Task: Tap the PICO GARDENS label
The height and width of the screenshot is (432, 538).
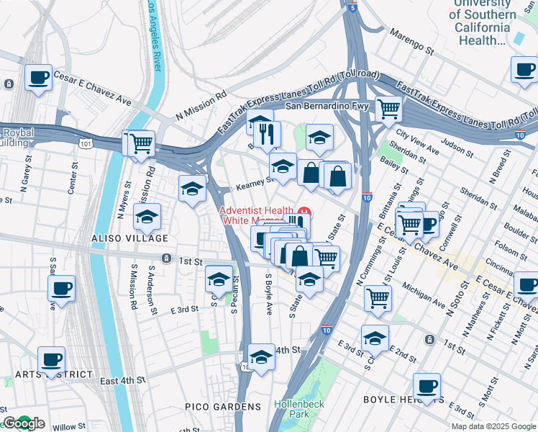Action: coord(232,407)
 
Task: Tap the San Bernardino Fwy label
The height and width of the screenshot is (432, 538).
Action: coord(327,107)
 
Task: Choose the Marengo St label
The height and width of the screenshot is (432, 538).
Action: coord(411,42)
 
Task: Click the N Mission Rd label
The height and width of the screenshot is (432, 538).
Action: coord(201,105)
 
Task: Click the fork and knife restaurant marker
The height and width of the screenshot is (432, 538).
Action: coord(266,133)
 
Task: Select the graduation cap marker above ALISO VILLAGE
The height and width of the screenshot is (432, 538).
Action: coord(147,216)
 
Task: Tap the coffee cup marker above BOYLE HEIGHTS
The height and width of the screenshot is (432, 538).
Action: coord(427,386)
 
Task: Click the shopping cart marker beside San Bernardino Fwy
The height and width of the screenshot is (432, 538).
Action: coord(388,109)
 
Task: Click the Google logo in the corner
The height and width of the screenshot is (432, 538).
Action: coord(24,424)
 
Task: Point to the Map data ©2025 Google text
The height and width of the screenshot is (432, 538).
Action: coord(493,426)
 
